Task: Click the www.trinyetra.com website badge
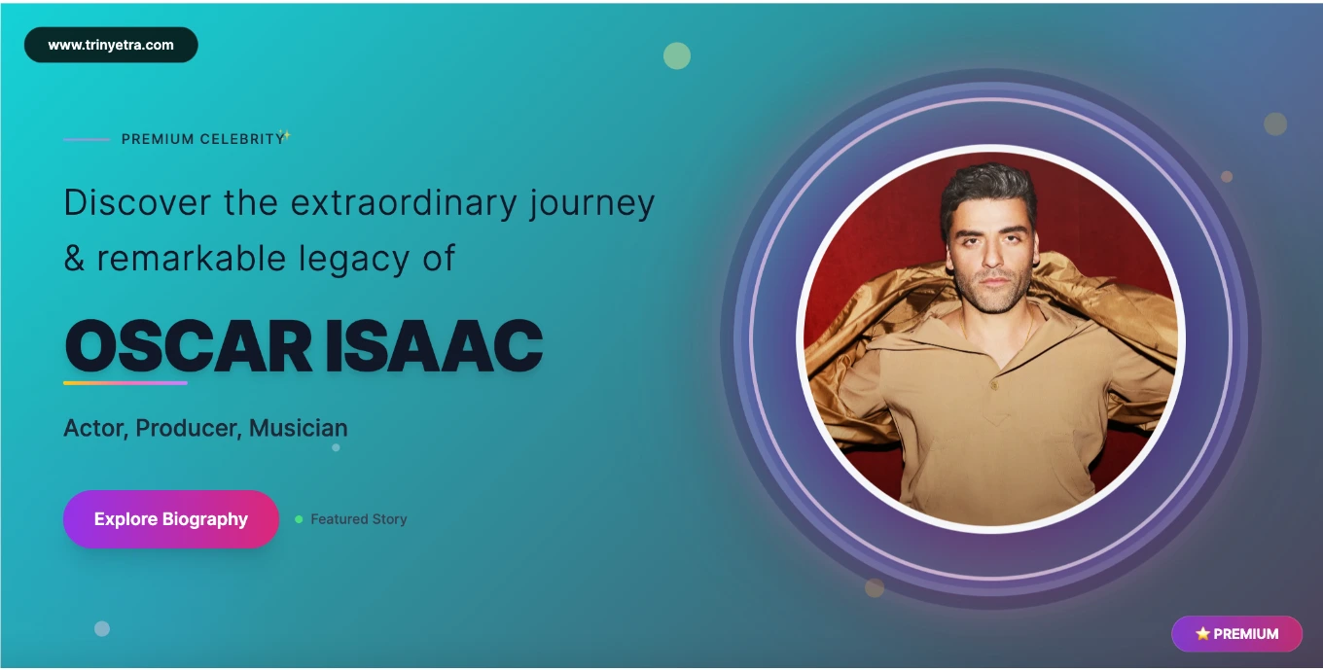click(x=111, y=45)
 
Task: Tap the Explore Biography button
click(x=170, y=519)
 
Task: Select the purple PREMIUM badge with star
click(x=1236, y=634)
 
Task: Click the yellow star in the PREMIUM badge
click(x=1202, y=634)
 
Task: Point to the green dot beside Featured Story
click(x=299, y=519)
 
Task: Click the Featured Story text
click(x=359, y=519)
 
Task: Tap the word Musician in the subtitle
click(x=299, y=428)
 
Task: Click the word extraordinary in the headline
click(x=404, y=202)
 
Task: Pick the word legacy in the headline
click(x=353, y=259)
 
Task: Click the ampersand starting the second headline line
click(x=74, y=259)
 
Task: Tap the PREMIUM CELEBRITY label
click(x=202, y=139)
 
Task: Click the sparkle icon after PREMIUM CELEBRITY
click(x=286, y=135)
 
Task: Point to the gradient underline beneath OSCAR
click(x=125, y=383)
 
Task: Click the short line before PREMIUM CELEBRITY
click(x=87, y=139)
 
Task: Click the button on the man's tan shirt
click(x=994, y=386)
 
